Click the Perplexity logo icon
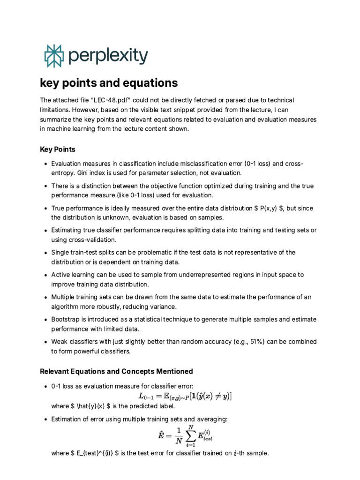click(x=52, y=56)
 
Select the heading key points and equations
click(x=109, y=83)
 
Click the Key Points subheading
click(x=58, y=150)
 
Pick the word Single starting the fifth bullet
click(x=60, y=252)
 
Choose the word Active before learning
click(x=60, y=274)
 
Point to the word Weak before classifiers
click(x=60, y=342)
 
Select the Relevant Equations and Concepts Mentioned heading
click(x=116, y=371)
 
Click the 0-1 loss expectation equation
click(x=185, y=396)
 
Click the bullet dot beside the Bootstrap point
click(x=44, y=320)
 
